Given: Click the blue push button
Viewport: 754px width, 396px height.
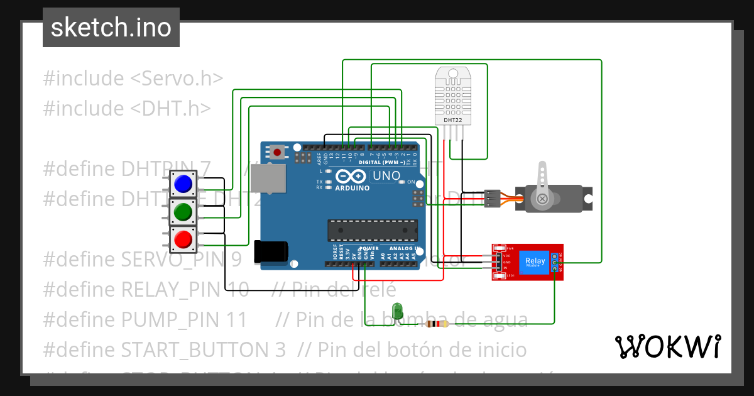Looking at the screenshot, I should click(x=183, y=184).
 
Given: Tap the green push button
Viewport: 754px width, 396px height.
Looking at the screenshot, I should click(x=183, y=212).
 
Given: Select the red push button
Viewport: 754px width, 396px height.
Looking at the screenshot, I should click(x=183, y=239).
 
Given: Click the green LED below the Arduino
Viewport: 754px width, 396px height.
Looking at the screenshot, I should click(x=397, y=311).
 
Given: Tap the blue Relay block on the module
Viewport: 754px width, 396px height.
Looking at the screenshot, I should click(x=535, y=261).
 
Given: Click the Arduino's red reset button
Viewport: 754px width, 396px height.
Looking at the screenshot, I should click(x=277, y=151).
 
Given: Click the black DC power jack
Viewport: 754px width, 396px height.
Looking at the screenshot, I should click(x=271, y=251).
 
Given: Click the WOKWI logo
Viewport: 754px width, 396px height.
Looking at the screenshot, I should click(x=667, y=346).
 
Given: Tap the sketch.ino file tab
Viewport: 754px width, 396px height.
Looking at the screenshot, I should click(x=111, y=28).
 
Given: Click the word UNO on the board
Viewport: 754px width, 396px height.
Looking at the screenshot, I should click(x=386, y=176).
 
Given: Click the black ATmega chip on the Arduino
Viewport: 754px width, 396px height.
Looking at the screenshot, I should click(x=372, y=231).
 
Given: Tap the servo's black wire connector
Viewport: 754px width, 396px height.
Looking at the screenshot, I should click(x=493, y=199).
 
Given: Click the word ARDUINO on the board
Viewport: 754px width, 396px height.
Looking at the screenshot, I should click(x=352, y=188).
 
